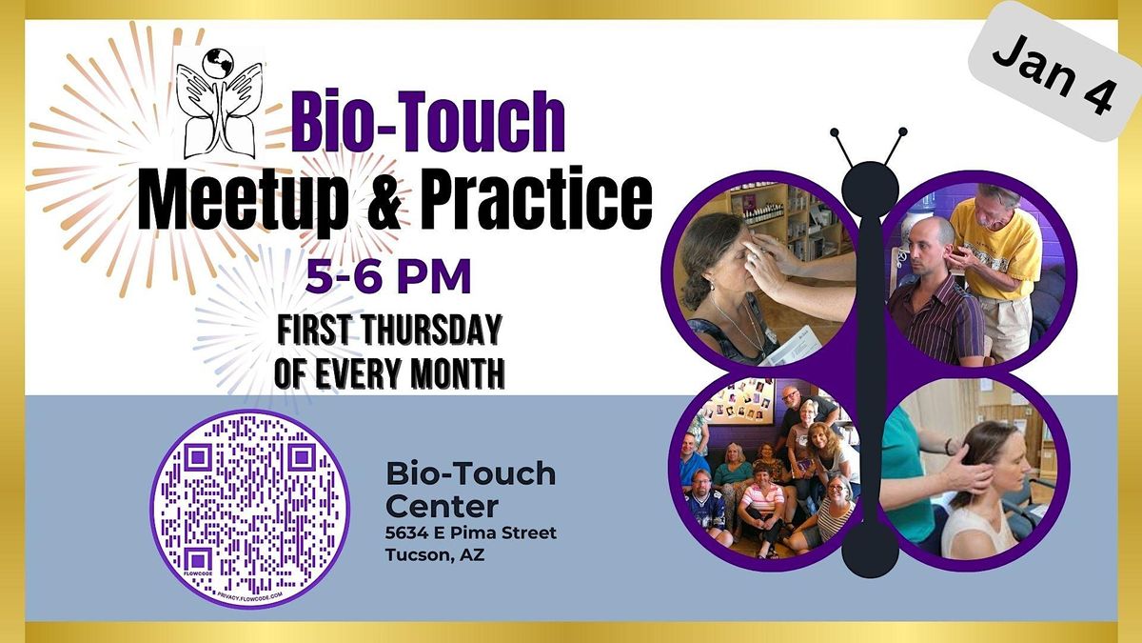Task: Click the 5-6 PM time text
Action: tap(388, 278)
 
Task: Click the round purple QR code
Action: tap(250, 508)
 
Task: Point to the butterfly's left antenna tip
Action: tap(835, 132)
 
